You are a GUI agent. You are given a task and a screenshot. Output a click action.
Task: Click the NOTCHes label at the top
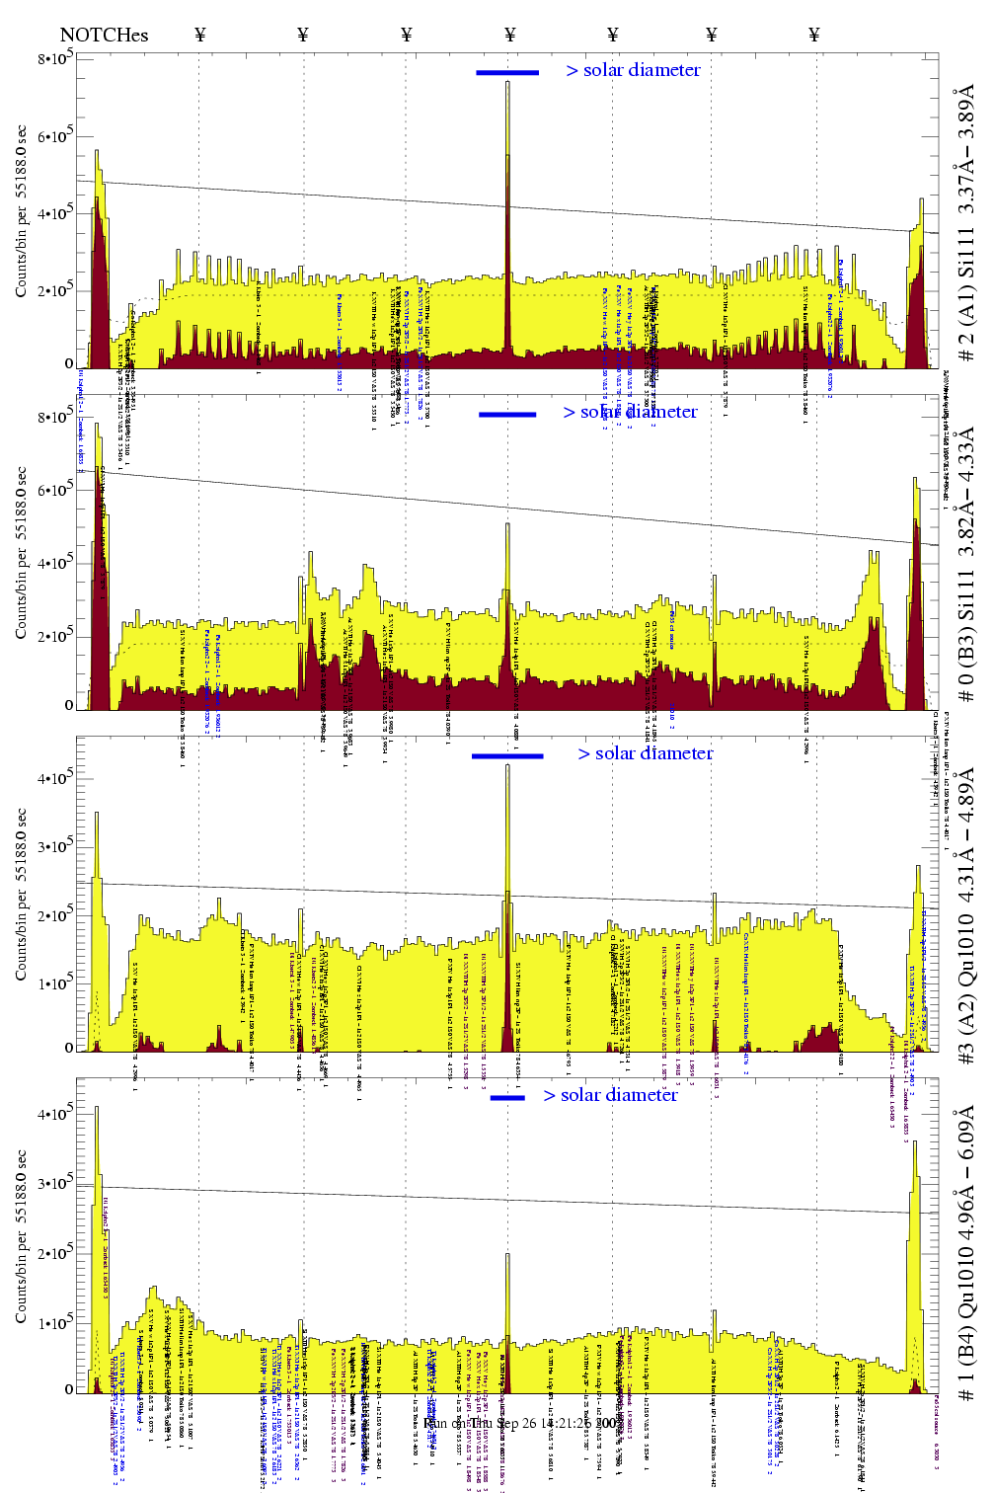(x=104, y=35)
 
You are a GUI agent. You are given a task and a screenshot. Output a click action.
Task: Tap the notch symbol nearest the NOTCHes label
(x=200, y=35)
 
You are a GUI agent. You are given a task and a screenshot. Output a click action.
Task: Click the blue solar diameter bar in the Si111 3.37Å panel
(x=507, y=72)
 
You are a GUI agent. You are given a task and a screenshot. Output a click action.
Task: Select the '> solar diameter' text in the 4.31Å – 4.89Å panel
(x=645, y=753)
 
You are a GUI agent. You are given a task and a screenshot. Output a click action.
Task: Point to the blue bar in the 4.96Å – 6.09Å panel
(x=507, y=1097)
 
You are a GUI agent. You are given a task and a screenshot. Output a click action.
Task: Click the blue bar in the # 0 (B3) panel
(x=507, y=415)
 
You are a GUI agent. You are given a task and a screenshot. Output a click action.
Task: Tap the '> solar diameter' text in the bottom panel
(x=610, y=1095)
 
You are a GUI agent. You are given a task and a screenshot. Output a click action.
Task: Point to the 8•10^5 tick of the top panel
(x=55, y=59)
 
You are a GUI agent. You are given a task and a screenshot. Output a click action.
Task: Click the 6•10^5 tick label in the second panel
(x=55, y=491)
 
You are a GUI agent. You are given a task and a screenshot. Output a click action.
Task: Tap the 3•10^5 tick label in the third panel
(x=55, y=846)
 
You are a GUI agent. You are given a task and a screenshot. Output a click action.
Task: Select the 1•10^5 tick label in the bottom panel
(x=55, y=1323)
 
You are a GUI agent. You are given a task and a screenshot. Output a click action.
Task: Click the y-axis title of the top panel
(x=21, y=211)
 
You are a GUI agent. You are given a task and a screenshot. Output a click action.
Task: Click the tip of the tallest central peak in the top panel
(x=507, y=82)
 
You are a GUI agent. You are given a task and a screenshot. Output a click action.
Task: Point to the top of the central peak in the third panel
(x=507, y=765)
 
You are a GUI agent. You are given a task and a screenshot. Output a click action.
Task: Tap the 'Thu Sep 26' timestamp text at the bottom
(x=505, y=1423)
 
